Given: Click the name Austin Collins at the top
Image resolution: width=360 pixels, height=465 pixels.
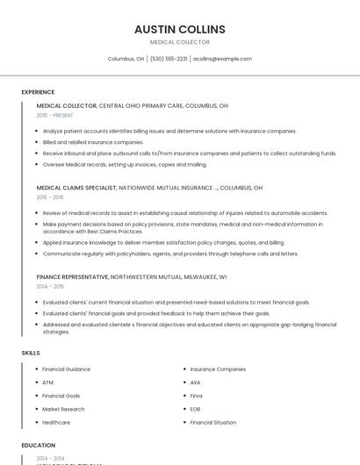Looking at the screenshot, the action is [179, 29].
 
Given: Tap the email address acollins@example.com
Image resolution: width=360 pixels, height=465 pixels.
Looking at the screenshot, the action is [222, 59].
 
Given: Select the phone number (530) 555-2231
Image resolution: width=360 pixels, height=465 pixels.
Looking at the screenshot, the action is [169, 59].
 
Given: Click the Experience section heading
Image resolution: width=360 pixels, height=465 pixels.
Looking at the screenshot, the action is [38, 92].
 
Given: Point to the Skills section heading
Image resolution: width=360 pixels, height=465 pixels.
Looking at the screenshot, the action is [31, 353].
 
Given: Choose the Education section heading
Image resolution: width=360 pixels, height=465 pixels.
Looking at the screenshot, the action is [39, 446].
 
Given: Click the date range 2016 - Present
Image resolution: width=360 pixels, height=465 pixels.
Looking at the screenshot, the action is [54, 115].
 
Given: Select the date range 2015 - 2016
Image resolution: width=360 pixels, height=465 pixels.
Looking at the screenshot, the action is [50, 197].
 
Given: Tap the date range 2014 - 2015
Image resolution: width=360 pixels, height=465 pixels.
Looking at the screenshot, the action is [50, 286].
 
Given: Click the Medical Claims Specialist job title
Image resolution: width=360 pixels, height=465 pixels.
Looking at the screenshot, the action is [76, 188].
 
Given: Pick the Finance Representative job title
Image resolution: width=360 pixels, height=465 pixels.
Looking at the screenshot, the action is [72, 276].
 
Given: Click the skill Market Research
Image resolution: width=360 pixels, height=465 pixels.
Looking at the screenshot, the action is [63, 409].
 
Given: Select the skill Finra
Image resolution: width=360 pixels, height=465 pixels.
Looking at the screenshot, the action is [196, 396].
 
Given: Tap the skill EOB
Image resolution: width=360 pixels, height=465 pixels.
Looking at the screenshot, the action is [195, 409].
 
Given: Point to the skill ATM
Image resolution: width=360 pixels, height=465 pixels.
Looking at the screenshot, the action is [47, 383].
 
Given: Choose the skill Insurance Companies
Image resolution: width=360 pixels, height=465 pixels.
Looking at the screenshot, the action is [218, 369].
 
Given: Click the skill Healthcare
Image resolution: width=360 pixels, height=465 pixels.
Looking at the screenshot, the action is [56, 422].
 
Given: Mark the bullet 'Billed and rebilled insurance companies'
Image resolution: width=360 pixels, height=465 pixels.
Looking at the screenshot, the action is [93, 142].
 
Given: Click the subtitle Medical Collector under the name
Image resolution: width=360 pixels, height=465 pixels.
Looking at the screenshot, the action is [179, 42].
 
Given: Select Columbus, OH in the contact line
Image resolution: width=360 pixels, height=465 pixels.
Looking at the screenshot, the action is [126, 59].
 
